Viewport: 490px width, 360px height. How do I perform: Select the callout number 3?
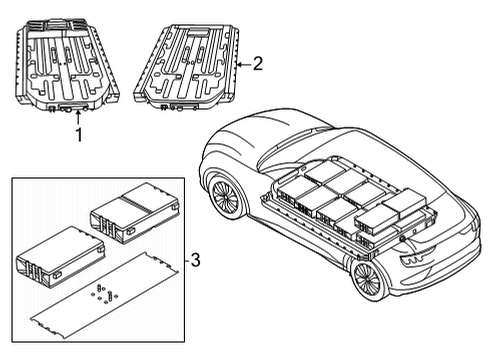tap(196, 261)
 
